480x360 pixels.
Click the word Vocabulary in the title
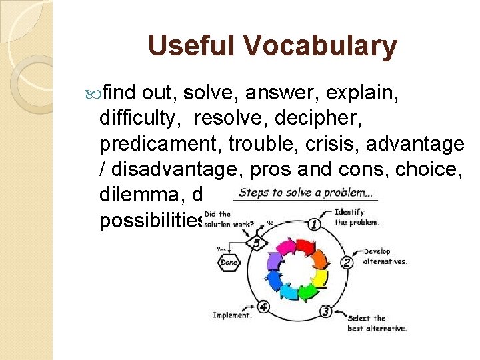coord(321,46)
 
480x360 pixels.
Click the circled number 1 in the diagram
coord(313,225)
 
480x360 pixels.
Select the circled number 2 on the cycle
coord(347,261)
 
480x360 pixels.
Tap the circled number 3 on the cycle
coord(325,311)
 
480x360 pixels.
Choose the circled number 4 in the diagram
coord(264,307)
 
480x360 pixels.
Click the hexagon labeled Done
coord(229,263)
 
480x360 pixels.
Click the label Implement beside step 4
coord(231,315)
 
